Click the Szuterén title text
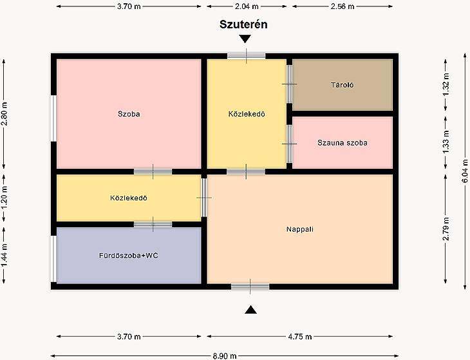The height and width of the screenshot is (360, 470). [243, 24]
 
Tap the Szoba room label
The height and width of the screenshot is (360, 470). [129, 114]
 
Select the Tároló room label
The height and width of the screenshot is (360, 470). [343, 85]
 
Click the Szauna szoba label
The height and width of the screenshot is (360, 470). [343, 143]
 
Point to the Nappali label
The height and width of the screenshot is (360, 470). [300, 229]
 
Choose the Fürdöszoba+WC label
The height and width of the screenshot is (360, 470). [129, 256]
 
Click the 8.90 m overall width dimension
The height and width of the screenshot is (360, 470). [225, 356]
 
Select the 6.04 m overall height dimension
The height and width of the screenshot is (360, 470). [465, 171]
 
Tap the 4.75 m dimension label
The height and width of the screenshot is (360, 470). [300, 337]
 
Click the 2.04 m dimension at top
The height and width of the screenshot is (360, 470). [247, 6]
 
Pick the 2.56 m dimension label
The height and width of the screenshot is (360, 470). [343, 6]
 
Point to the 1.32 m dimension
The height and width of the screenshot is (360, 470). [446, 85]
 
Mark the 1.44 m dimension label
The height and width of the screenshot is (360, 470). [4, 255]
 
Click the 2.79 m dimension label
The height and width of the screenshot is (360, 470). [446, 229]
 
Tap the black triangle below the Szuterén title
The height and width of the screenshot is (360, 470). [245, 39]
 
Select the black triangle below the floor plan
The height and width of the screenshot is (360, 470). [250, 310]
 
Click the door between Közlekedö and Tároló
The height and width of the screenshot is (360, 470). [289, 84]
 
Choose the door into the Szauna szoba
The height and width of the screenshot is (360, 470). [289, 144]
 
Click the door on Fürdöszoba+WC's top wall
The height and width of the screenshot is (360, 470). [153, 225]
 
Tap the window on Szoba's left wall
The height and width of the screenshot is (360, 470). [53, 118]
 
